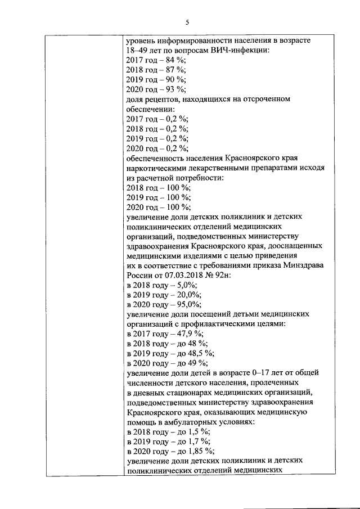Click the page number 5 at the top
pos(188,22)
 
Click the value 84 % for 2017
pos(175,60)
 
